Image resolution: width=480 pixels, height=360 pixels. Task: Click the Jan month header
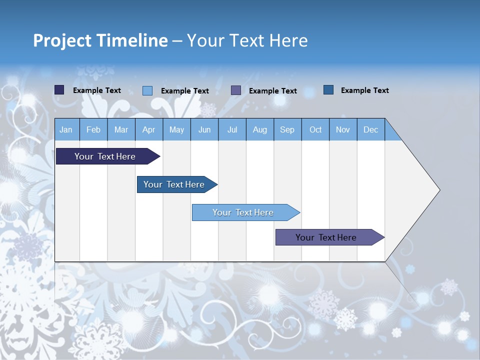click(x=66, y=129)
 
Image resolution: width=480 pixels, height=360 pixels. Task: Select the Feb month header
click(x=93, y=129)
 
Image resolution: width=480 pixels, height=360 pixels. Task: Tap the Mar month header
click(x=121, y=129)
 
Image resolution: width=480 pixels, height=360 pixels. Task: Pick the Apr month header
click(x=148, y=129)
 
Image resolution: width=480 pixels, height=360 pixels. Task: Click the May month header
click(x=176, y=129)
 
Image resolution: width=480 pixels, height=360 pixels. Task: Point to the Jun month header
click(x=204, y=129)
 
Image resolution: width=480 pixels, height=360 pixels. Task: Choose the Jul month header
click(x=232, y=129)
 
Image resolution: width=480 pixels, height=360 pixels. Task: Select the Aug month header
click(x=259, y=129)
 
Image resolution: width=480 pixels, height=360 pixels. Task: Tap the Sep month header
click(x=287, y=129)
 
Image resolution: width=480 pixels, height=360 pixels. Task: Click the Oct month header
click(x=315, y=129)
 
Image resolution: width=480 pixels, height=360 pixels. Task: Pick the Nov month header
click(x=343, y=129)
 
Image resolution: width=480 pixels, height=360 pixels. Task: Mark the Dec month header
click(x=370, y=129)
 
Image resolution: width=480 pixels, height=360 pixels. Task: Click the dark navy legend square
click(x=59, y=90)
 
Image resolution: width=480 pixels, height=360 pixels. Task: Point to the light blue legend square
click(x=147, y=90)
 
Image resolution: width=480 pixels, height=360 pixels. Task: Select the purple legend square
click(x=236, y=90)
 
